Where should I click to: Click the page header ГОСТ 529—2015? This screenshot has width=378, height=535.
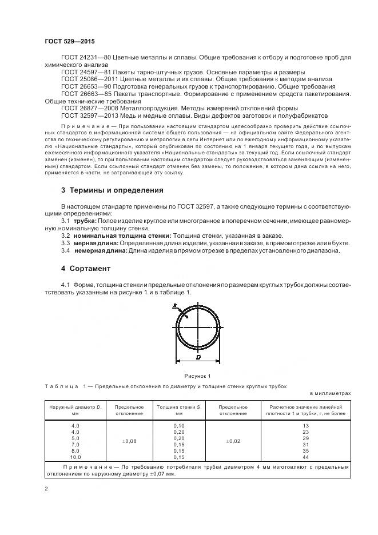[x=69, y=42]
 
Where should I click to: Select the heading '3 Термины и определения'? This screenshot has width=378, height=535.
[x=112, y=190]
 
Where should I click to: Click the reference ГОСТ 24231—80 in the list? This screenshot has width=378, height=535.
[x=86, y=58]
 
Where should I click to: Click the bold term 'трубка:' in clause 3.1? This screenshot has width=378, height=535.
[x=85, y=220]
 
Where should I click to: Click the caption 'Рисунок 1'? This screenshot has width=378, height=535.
[x=197, y=376]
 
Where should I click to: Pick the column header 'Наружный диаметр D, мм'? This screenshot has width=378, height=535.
[x=75, y=409]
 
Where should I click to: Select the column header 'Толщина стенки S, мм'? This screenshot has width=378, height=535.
[x=178, y=409]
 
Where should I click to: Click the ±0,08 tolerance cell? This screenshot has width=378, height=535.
[x=129, y=441]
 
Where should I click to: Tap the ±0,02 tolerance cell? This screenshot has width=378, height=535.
[x=233, y=441]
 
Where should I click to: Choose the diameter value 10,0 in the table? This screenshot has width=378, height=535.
[x=76, y=457]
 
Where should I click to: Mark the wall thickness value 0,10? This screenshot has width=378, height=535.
[x=178, y=426]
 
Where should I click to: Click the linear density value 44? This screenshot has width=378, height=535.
[x=304, y=457]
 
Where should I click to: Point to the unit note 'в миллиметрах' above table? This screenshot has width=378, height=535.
[x=330, y=393]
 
